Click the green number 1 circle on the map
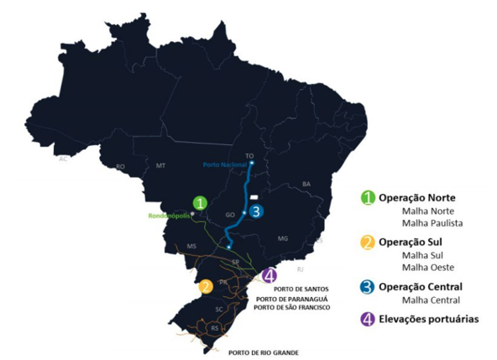pos(200,202)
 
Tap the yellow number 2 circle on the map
pos(206,287)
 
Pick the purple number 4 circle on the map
pos(269,275)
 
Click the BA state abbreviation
pos(306,183)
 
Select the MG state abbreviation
pos(283,238)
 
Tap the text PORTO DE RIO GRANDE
pos(263,352)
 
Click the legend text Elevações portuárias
pos(428,320)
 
